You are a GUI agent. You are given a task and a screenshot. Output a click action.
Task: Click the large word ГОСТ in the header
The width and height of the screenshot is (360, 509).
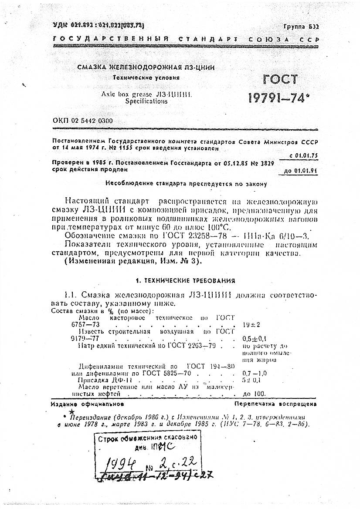[x=280, y=80]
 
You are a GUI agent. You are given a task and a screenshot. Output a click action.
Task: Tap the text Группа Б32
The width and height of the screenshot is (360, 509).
[x=301, y=27]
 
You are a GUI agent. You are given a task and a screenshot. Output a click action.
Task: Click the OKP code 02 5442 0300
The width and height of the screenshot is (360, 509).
[x=82, y=121]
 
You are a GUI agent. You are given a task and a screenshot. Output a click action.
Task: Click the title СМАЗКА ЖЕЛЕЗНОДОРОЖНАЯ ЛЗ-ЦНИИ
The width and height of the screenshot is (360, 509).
[x=146, y=67]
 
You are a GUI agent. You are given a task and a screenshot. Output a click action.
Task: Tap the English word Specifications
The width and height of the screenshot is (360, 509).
[x=146, y=101]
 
